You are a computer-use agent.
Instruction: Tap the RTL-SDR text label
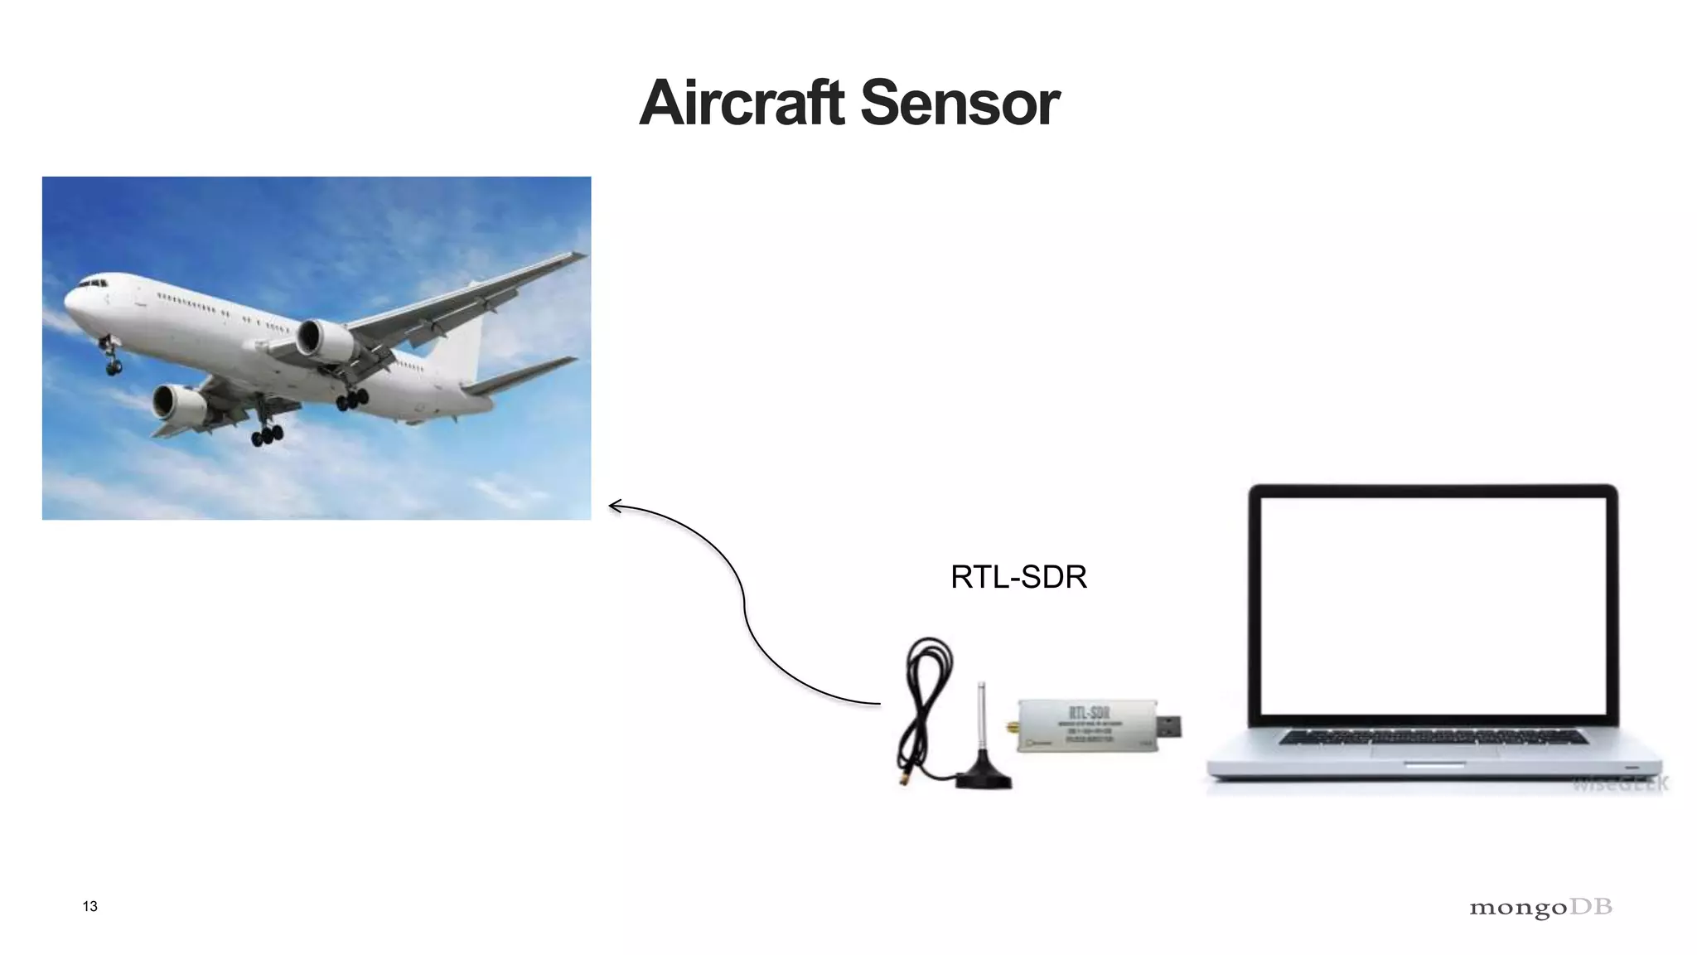click(x=1018, y=577)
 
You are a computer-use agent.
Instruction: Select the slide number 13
click(x=90, y=906)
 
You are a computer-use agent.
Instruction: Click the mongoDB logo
click(x=1540, y=908)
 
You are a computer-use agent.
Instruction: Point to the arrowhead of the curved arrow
click(x=614, y=506)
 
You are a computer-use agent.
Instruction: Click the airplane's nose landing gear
click(x=111, y=358)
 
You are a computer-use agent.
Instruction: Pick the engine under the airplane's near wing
click(x=178, y=403)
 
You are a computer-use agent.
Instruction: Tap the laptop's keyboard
click(x=1434, y=736)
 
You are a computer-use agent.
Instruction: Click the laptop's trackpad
click(x=1435, y=753)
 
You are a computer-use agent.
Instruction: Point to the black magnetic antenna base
click(x=984, y=778)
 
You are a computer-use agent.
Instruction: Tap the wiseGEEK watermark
click(x=1620, y=783)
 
